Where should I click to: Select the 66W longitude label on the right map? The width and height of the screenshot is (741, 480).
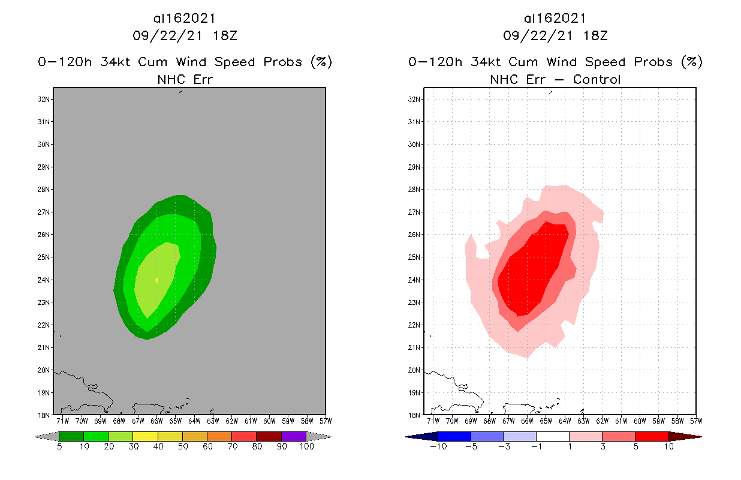coord(528,421)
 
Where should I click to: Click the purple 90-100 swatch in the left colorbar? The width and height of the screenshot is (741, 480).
coord(294,436)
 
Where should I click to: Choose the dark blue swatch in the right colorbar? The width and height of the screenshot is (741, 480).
coord(454,436)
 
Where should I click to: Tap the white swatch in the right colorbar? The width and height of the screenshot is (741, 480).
coord(552,436)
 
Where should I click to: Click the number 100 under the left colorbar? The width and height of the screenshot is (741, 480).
coord(306,448)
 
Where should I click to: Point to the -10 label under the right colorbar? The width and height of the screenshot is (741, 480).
coord(438,448)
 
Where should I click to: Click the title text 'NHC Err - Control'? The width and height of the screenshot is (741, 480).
coord(555,79)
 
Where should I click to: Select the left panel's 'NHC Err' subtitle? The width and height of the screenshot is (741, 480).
coord(185,79)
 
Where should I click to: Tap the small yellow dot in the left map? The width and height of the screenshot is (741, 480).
coord(156,280)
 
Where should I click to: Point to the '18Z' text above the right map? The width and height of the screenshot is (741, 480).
coord(596,35)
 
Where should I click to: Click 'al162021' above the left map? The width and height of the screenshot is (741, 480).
coord(185,19)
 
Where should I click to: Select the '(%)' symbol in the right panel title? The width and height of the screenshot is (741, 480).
coord(692,62)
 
